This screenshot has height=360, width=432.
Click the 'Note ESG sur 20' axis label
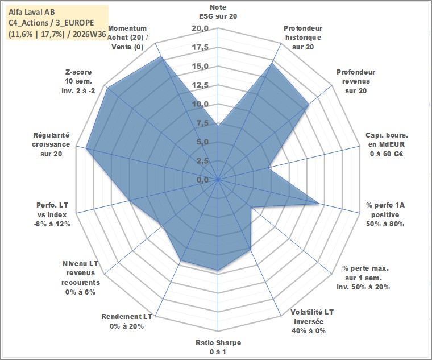coord(218,11)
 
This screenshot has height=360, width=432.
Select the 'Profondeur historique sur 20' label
coord(303,38)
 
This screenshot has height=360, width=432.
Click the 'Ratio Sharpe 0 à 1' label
coord(218,347)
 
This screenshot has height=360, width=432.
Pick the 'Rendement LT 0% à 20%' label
coord(126,321)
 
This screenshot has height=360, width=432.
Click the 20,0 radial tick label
coord(200,28)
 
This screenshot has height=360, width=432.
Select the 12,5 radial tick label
coord(200,85)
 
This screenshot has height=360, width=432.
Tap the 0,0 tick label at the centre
coord(202,180)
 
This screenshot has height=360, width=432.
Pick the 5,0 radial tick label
coord(202,142)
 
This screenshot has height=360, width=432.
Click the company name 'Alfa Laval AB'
coord(32,12)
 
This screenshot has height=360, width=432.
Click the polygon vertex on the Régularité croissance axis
coord(86,148)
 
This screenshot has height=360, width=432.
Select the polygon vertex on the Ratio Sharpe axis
coord(218,270)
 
